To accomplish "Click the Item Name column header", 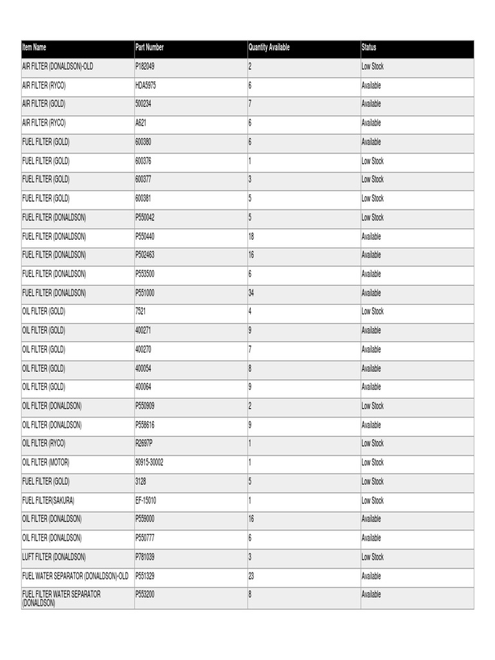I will point(34,48).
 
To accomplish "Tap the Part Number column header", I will point(150,48).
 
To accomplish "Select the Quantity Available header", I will point(269,48).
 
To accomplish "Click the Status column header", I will point(369,48).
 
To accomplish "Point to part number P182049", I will point(145,66).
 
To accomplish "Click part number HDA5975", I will point(146,85).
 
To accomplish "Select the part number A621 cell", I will point(141,123).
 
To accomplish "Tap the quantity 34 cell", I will point(251,293).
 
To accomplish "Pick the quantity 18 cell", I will point(251,237).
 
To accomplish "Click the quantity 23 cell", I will point(251,576).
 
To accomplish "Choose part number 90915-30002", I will point(150,463).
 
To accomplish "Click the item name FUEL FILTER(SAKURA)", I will point(50,501).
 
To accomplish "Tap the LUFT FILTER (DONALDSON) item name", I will point(53,557).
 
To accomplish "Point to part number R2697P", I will point(145,443).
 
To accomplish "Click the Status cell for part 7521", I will point(373,312).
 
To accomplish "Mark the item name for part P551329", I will point(75,576).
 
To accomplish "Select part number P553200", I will point(145,595).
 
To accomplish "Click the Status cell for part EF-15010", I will point(373,501).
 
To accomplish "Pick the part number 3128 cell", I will point(141,481).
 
